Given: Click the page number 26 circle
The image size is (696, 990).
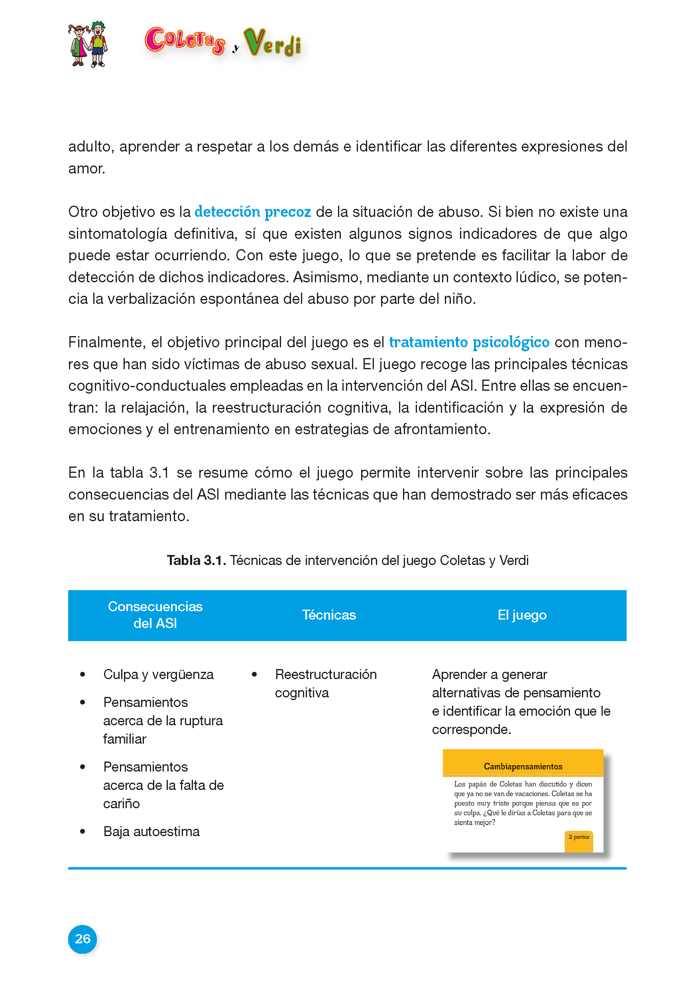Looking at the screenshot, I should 82,939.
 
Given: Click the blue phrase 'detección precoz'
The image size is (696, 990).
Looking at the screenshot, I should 253,212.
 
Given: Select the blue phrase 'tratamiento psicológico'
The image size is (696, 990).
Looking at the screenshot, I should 469,342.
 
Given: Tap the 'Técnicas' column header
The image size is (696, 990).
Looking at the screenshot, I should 329,615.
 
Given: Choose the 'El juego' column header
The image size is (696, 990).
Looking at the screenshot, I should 522,615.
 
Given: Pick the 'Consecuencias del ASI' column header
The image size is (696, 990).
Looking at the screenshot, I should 155,615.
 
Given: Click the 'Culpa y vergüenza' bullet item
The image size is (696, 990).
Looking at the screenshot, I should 158,674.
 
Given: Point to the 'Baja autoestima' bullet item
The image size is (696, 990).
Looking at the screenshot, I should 151,831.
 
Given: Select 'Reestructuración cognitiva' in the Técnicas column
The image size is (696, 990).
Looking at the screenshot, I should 325,683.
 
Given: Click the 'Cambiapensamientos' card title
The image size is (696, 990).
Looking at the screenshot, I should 523,766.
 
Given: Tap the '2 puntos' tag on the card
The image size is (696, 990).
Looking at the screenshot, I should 579,837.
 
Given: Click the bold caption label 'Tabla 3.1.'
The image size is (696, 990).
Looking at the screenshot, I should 196,561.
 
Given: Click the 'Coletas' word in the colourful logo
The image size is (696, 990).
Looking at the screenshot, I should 185,41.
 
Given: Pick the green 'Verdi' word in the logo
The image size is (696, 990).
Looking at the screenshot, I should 272,43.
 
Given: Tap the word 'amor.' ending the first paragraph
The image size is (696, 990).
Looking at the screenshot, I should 87,169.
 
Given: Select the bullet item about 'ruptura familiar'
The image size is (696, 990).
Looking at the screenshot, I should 163,720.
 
